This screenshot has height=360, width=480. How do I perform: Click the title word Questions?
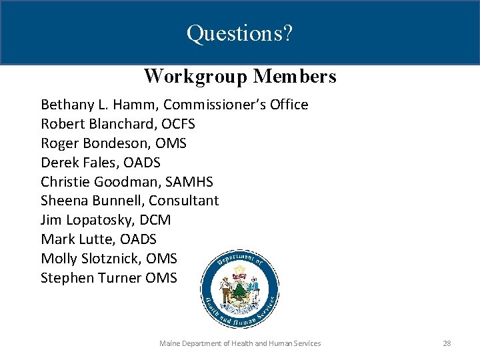239,33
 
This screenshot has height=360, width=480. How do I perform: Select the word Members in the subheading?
295,77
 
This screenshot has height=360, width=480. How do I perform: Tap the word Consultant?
183,201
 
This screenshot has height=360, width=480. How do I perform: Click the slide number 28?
447,343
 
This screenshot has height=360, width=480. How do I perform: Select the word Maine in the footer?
169,343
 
